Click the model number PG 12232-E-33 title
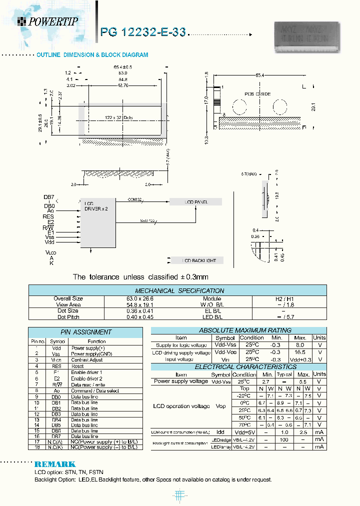click(x=143, y=32)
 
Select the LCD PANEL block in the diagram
click(x=195, y=202)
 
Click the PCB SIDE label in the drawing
click(x=257, y=94)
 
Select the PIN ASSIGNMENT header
click(x=85, y=332)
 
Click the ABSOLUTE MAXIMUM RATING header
click(x=238, y=330)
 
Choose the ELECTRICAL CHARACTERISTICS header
click(x=238, y=366)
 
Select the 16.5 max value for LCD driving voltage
click(x=299, y=352)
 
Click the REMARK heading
click(x=55, y=464)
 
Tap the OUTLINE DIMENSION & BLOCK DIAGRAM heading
click(x=92, y=55)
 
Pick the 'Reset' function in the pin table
click(x=77, y=366)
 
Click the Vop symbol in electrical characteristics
click(x=221, y=406)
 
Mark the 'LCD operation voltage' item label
click(x=181, y=406)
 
